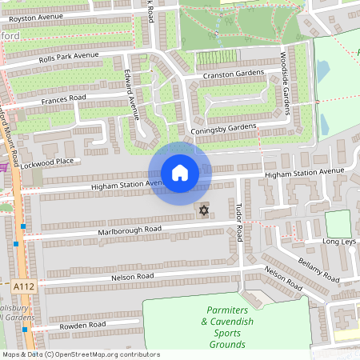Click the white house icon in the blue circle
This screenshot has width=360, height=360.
click(x=180, y=173)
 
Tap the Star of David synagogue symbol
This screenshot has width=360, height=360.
click(x=203, y=211)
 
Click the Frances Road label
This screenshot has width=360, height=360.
click(x=63, y=100)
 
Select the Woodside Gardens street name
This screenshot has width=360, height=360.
click(x=284, y=83)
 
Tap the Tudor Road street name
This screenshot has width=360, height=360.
click(x=238, y=221)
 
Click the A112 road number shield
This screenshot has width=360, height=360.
click(x=23, y=285)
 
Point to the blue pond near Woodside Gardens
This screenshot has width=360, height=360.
click(x=322, y=72)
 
